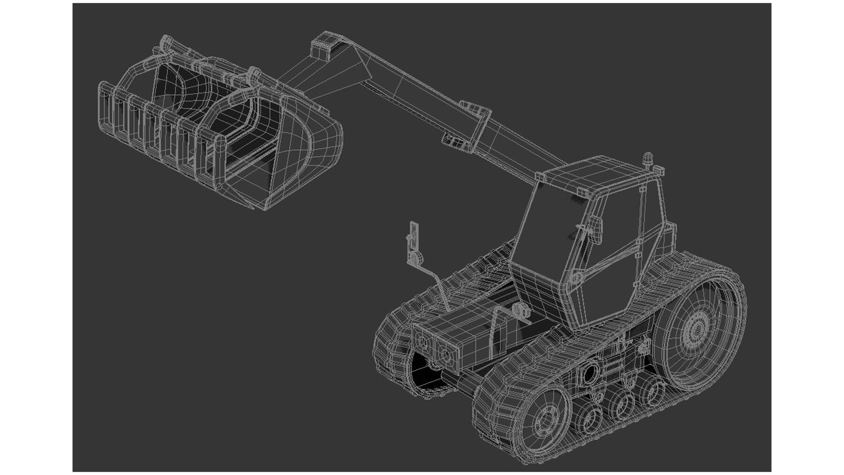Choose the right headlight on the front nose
(x=446, y=352)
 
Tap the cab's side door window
(x=610, y=263)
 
